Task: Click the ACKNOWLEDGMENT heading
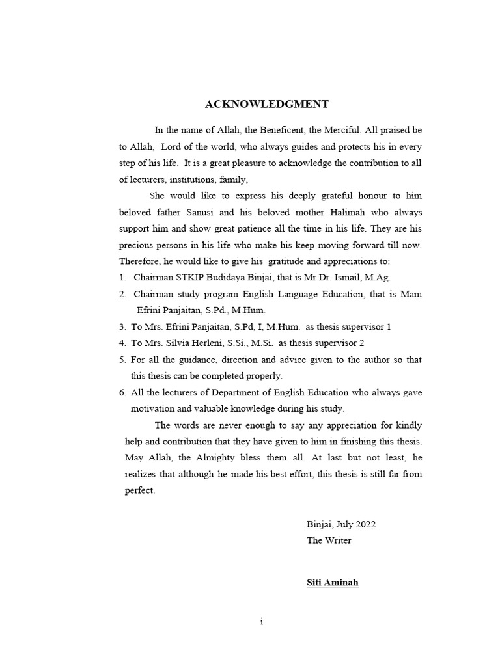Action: pos(268,104)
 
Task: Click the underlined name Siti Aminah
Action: pos(332,583)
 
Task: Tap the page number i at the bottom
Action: pos(261,622)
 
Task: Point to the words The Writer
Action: pos(329,540)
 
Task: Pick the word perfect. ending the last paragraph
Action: pos(140,490)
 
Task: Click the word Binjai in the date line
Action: pos(319,524)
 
